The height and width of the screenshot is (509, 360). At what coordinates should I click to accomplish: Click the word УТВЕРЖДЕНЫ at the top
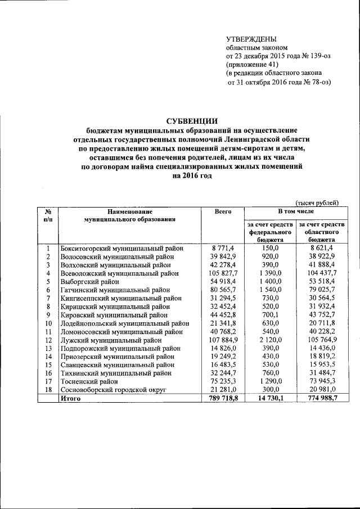click(x=251, y=39)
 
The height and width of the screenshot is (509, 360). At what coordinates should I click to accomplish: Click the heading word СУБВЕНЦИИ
click(x=191, y=120)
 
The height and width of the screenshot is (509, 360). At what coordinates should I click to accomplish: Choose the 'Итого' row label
click(x=71, y=398)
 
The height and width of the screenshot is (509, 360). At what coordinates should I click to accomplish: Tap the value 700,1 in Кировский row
click(x=268, y=315)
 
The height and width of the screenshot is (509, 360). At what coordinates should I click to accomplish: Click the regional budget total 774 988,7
click(x=319, y=398)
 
